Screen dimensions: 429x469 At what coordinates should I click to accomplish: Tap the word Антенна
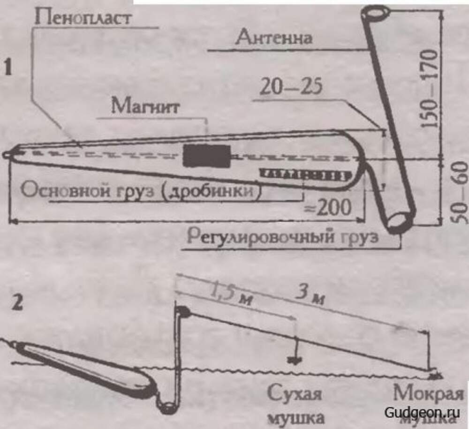point(274,37)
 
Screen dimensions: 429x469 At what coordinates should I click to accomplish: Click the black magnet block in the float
point(207,156)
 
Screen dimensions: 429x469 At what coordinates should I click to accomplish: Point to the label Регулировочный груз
point(281,236)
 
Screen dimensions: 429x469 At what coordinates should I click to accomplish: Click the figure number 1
point(8,68)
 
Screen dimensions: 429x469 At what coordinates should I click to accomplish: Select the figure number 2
point(18,303)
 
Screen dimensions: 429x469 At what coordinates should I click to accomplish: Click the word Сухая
point(295,393)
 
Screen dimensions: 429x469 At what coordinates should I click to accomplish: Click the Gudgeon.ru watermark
point(422,412)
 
